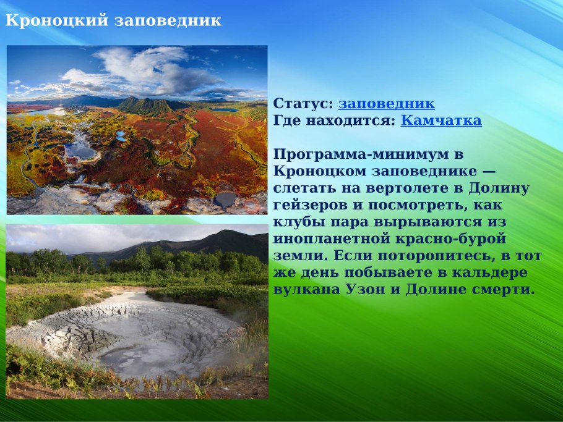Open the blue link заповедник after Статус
coord(386,104)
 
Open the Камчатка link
coord(441,120)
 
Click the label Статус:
coord(303,104)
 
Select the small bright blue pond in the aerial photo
coord(120,134)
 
